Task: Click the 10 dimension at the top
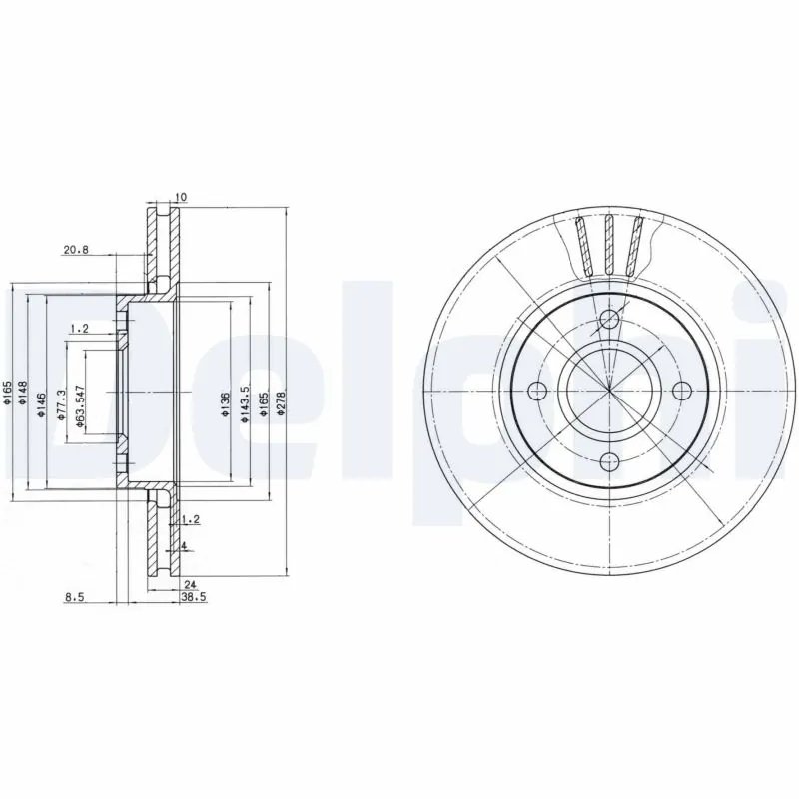pyautogui.click(x=180, y=197)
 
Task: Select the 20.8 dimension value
pyautogui.click(x=75, y=251)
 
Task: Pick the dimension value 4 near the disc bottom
pyautogui.click(x=185, y=545)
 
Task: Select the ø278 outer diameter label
pyautogui.click(x=281, y=409)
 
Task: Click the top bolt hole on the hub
pyautogui.click(x=609, y=321)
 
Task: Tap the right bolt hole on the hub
pyautogui.click(x=682, y=391)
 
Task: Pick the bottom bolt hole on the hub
pyautogui.click(x=609, y=461)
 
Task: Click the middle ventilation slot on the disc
pyautogui.click(x=609, y=243)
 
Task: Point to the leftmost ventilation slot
pyautogui.click(x=582, y=245)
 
